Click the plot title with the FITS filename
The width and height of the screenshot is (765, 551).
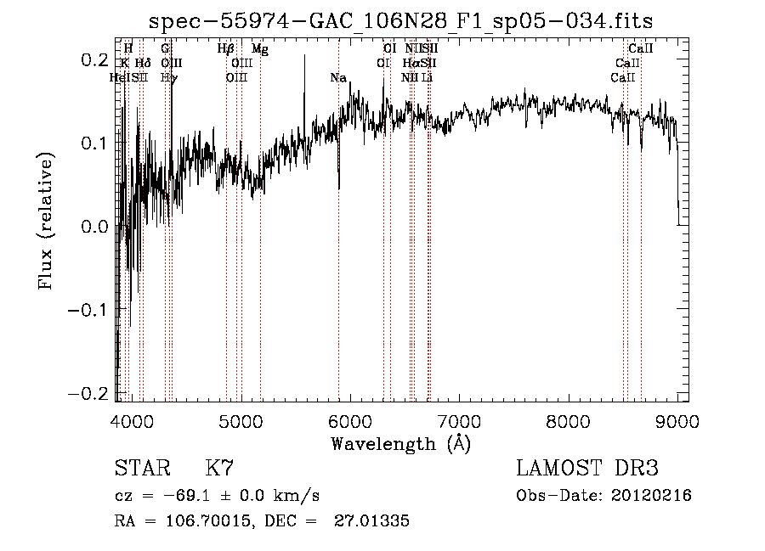pyautogui.click(x=400, y=21)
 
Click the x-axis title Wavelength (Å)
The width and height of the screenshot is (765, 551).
pyautogui.click(x=400, y=442)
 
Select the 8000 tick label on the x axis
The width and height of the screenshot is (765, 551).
pyautogui.click(x=568, y=421)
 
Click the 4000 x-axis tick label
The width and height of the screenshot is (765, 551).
pyautogui.click(x=131, y=421)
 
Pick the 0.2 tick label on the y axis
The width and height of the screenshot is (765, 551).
pyautogui.click(x=93, y=60)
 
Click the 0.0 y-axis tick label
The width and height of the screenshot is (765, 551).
pyautogui.click(x=93, y=227)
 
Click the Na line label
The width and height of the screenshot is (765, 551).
pyautogui.click(x=338, y=78)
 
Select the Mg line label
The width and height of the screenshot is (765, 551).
pyautogui.click(x=260, y=49)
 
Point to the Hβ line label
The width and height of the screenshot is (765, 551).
pyautogui.click(x=226, y=49)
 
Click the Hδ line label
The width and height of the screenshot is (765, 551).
pyautogui.click(x=143, y=64)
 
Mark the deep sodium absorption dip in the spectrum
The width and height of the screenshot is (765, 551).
pyautogui.click(x=339, y=183)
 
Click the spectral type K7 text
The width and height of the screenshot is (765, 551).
pyautogui.click(x=219, y=469)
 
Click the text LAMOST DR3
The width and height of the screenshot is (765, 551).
pyautogui.click(x=587, y=469)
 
